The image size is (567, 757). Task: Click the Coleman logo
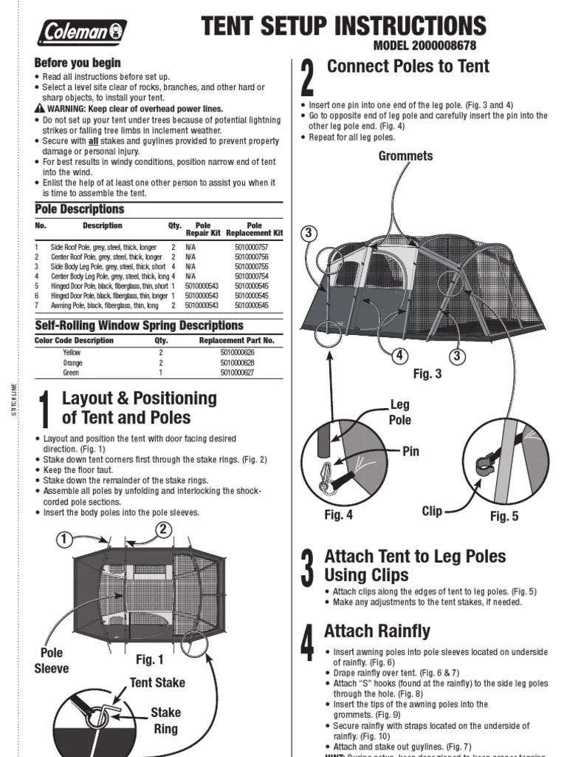click(x=82, y=32)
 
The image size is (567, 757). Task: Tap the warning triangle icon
click(x=40, y=109)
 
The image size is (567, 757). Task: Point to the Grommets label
click(x=405, y=156)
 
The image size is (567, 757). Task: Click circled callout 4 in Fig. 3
click(x=399, y=356)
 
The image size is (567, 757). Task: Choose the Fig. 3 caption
click(x=427, y=374)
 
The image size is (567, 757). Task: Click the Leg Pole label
click(x=399, y=412)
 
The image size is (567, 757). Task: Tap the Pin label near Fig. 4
click(x=411, y=451)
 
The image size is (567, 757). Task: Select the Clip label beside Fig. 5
click(x=433, y=511)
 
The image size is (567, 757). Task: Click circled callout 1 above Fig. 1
click(x=66, y=540)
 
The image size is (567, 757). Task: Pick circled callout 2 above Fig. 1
click(x=163, y=529)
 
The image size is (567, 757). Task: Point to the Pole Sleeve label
click(x=52, y=660)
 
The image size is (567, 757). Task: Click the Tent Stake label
click(x=157, y=682)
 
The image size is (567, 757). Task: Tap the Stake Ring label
click(x=165, y=720)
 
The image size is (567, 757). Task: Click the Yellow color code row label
click(x=72, y=353)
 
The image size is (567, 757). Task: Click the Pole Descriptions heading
click(x=80, y=209)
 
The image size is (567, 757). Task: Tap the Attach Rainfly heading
click(x=377, y=631)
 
